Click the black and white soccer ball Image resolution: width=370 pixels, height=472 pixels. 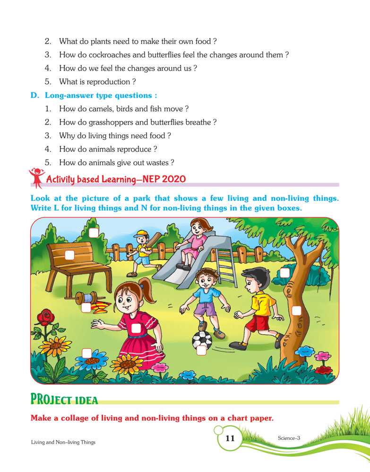[x=202, y=340]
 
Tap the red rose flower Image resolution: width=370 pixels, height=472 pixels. [x=46, y=318]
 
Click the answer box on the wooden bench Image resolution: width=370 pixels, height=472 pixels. [x=69, y=255]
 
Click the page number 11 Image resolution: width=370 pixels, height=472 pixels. [x=230, y=438]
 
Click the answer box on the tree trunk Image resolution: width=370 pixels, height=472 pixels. [x=296, y=311]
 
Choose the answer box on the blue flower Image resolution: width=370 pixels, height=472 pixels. [x=87, y=353]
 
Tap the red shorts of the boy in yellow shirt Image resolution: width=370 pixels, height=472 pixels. [x=257, y=324]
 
